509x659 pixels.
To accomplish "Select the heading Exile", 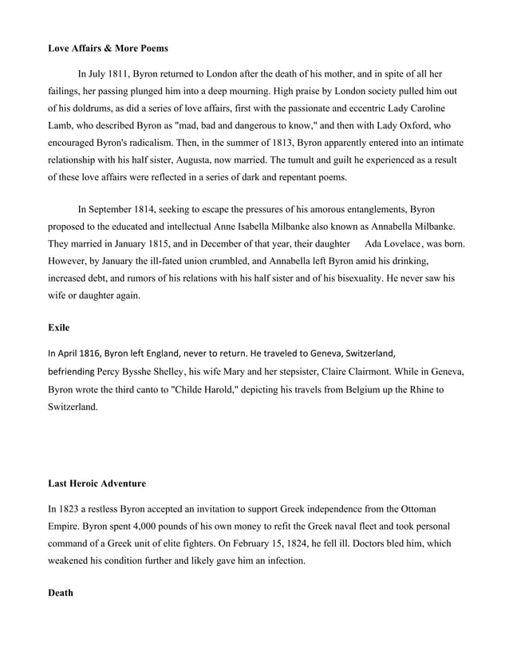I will [59, 327].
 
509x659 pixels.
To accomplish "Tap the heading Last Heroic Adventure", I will [97, 483].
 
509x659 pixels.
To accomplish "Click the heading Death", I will [61, 593].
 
